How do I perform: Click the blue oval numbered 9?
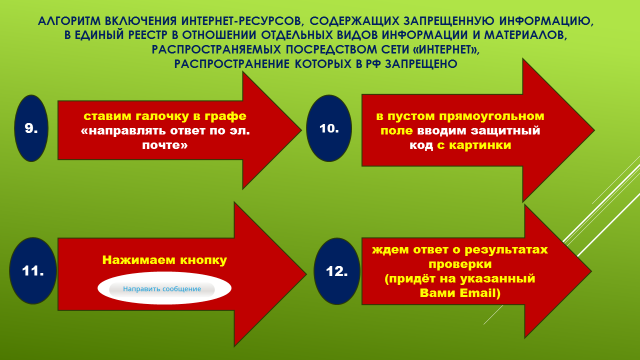coord(31,128)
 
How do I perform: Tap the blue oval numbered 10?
coord(329,128)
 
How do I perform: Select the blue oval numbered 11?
coord(33,271)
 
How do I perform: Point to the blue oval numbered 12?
coord(337,271)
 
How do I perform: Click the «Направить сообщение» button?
coord(162,289)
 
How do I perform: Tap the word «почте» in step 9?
coord(164,145)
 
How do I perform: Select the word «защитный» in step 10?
coord(505,131)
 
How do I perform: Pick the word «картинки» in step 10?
coord(480,145)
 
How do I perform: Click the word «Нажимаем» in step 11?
coord(139,260)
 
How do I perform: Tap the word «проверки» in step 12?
coord(460,264)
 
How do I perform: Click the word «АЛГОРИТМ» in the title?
coord(67,21)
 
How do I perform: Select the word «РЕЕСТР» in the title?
coord(148,35)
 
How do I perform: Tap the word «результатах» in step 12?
coord(506,250)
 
